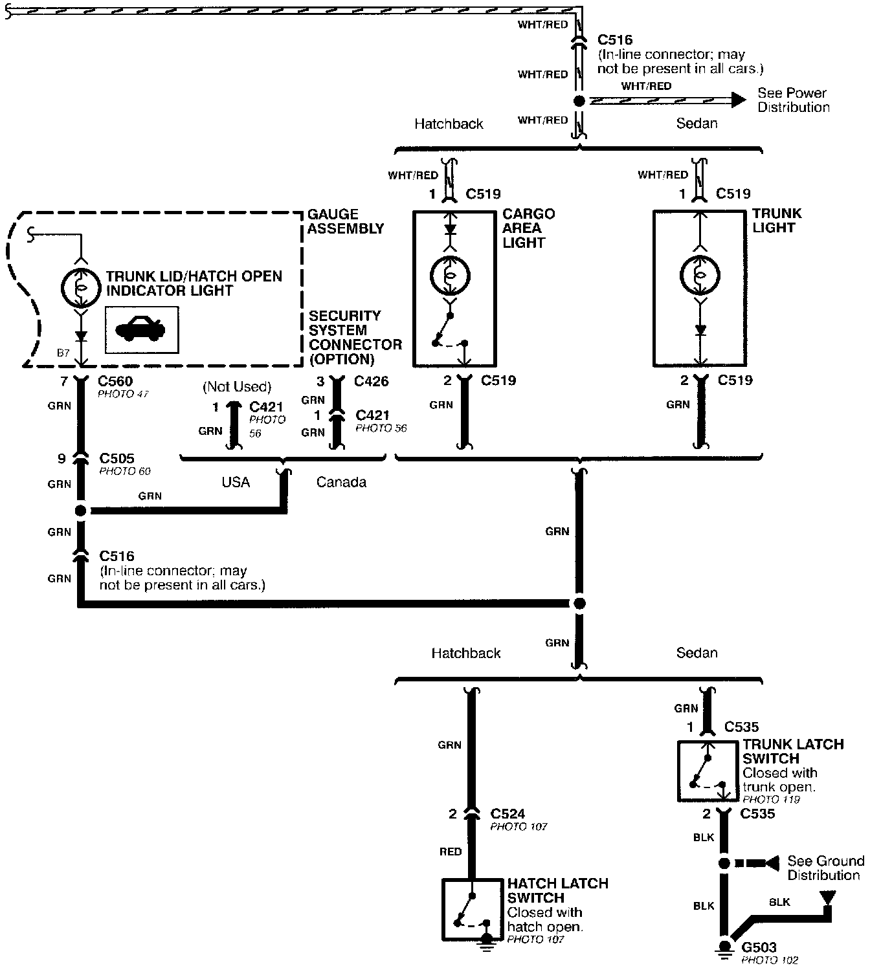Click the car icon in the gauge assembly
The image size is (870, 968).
pyautogui.click(x=142, y=330)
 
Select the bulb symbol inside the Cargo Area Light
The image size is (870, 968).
pyautogui.click(x=450, y=276)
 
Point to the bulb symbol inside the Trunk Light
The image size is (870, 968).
pyautogui.click(x=699, y=276)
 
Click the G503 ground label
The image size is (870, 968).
pyautogui.click(x=759, y=947)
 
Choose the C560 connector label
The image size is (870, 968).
pyautogui.click(x=116, y=381)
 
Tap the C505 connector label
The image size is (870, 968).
pyautogui.click(x=117, y=459)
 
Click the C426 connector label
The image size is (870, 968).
pyautogui.click(x=371, y=381)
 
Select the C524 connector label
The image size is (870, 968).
pyautogui.click(x=507, y=813)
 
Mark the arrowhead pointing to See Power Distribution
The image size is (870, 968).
pyautogui.click(x=738, y=100)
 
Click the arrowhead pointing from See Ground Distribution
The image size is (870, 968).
pyautogui.click(x=771, y=863)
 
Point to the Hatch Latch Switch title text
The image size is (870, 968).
pyautogui.click(x=557, y=890)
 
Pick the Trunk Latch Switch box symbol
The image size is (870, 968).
pyautogui.click(x=708, y=771)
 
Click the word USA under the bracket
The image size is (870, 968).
pyautogui.click(x=235, y=482)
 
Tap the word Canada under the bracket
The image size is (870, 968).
pyautogui.click(x=341, y=482)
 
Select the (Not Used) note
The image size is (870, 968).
pyautogui.click(x=236, y=386)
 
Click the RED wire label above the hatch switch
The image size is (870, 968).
pyautogui.click(x=451, y=852)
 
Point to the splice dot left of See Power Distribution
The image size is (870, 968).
pyautogui.click(x=579, y=101)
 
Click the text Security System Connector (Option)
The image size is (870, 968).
pyautogui.click(x=354, y=337)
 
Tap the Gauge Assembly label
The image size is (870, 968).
pyautogui.click(x=345, y=221)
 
